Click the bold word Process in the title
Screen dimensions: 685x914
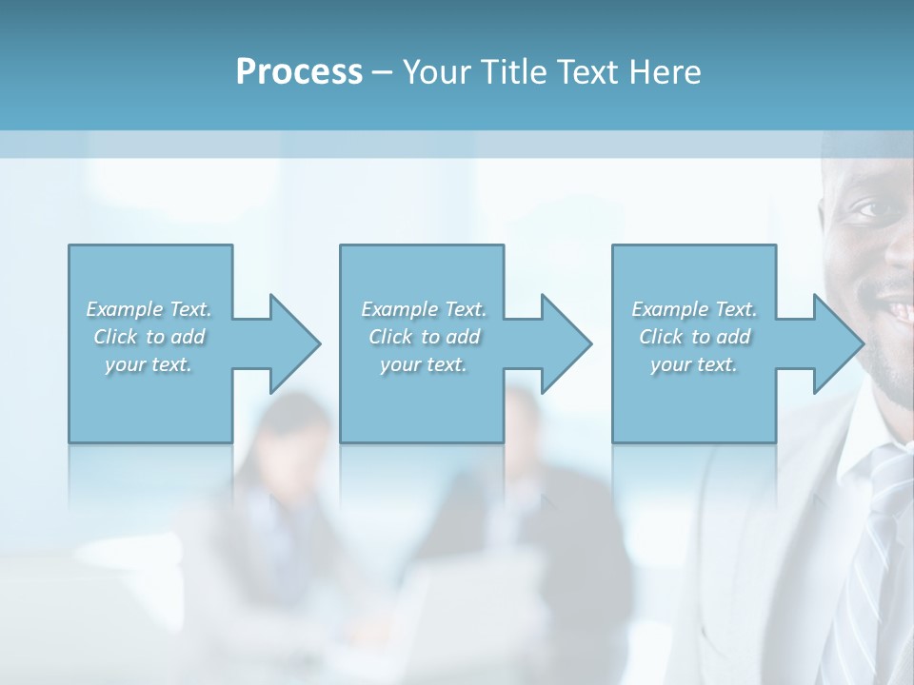pos(299,72)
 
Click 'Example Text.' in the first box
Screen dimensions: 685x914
pos(149,309)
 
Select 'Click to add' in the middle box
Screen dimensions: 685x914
pos(424,337)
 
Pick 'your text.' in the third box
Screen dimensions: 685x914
pos(694,364)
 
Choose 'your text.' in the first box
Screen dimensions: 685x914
pos(149,364)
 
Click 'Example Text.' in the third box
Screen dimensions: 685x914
pos(694,309)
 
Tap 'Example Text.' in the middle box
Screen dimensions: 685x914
pos(424,309)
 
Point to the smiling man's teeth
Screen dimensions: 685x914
pos(900,309)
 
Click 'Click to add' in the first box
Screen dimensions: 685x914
pos(149,337)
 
